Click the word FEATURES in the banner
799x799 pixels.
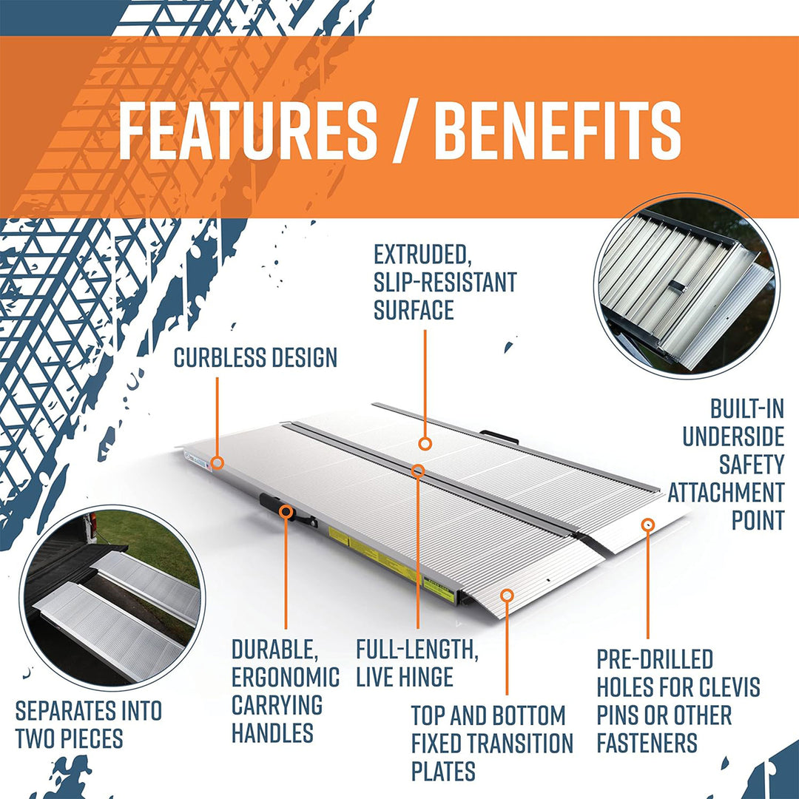tap(247, 131)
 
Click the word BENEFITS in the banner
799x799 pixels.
tap(557, 131)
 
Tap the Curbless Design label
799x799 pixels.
tap(255, 358)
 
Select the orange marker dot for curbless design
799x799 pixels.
tap(218, 462)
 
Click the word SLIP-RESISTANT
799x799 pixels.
tap(445, 283)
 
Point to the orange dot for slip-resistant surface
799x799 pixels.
tap(425, 443)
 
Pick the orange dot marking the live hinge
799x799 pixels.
tap(418, 469)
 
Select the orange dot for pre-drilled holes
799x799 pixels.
tap(648, 525)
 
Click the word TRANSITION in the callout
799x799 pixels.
tap(530, 743)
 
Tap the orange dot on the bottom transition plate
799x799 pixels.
tap(507, 595)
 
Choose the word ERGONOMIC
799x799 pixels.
tap(286, 677)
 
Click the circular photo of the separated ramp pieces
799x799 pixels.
tap(113, 596)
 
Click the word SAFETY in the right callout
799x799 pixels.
tap(751, 465)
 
